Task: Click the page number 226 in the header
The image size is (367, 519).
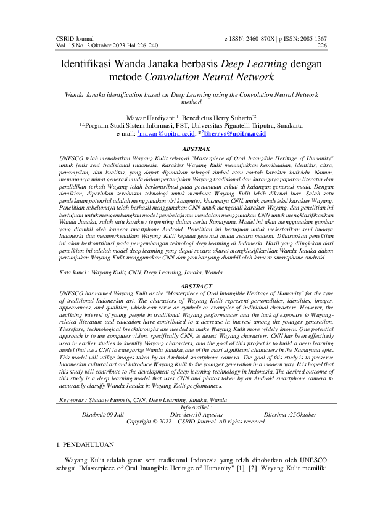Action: [x=322, y=46]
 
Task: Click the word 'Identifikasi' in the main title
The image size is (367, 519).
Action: [x=93, y=64]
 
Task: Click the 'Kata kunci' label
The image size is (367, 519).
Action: [x=70, y=271]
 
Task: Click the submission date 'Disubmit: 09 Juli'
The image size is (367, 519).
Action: [x=103, y=415]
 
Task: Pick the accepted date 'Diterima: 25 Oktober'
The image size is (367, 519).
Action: [x=291, y=415]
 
